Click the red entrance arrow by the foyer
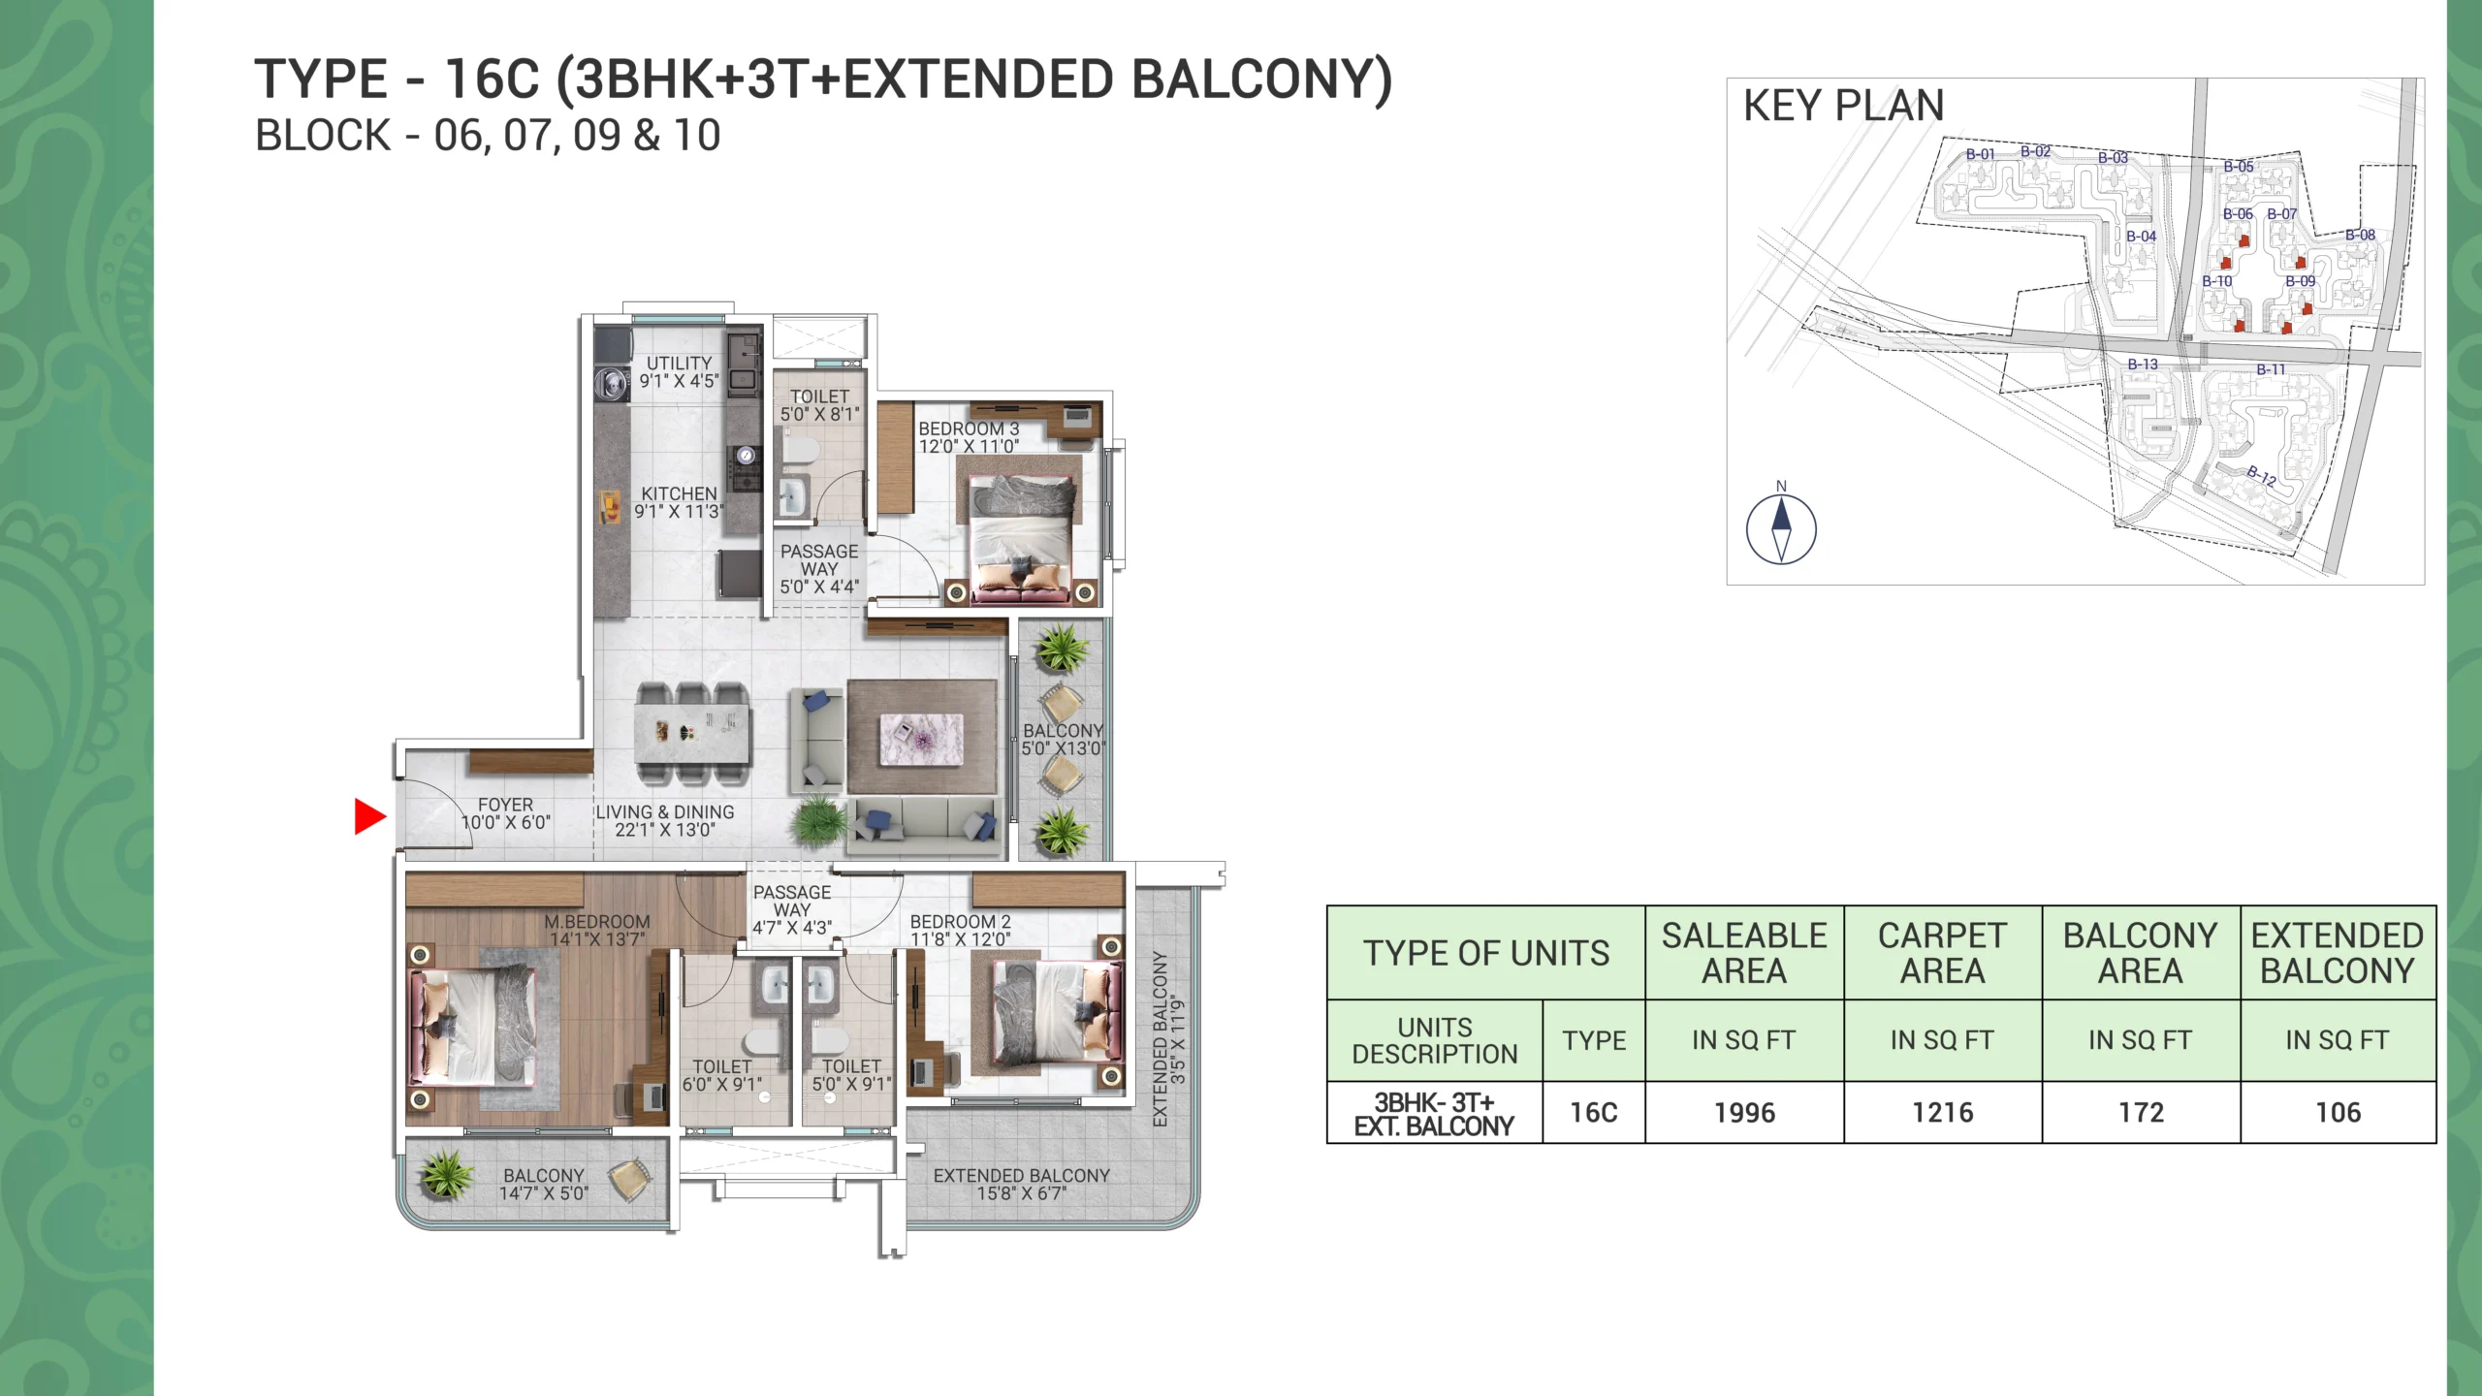tap(369, 816)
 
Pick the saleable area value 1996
tap(1744, 1113)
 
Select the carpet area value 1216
tap(1943, 1113)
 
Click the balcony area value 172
tap(2141, 1113)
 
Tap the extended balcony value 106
tap(2339, 1113)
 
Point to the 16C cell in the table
tap(1594, 1113)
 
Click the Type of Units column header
tap(1486, 953)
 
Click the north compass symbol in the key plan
tap(1781, 529)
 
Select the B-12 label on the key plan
tap(2261, 475)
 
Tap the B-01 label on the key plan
tap(1980, 154)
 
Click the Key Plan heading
tap(1843, 106)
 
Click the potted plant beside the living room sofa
tap(820, 823)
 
